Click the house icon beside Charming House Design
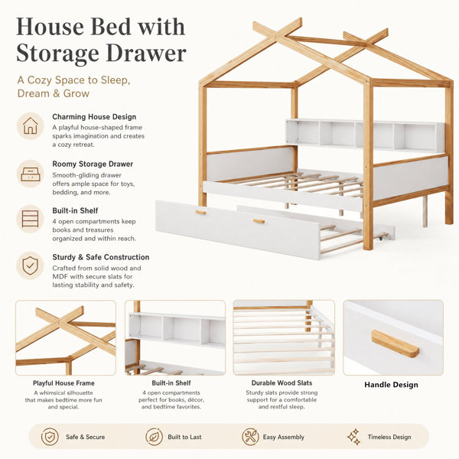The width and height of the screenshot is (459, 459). coord(31,126)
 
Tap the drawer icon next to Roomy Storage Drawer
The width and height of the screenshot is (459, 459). coord(31,174)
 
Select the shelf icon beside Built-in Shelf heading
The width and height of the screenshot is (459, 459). coord(30,219)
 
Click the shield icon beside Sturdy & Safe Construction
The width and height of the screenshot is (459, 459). coord(30,265)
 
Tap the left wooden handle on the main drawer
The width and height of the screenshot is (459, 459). coord(200,212)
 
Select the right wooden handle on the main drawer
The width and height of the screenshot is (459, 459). coord(259,221)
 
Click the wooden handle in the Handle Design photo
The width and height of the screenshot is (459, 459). coord(395,343)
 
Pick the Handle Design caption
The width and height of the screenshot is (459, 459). coord(391,385)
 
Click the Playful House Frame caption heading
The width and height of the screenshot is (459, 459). coord(63,383)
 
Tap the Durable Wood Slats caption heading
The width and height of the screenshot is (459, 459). coord(282,383)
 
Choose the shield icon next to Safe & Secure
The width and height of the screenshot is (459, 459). coord(50,437)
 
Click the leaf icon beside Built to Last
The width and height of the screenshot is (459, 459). coord(154,437)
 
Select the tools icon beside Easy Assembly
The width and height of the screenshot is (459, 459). coord(250,437)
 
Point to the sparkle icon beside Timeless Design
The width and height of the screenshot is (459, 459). coord(354,437)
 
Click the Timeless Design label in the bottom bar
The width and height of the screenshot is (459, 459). coord(389,437)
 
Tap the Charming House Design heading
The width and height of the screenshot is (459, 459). coord(94,117)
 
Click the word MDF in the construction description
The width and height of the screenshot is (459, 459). coord(60,276)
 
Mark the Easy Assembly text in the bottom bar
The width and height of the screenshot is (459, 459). coord(283,437)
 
